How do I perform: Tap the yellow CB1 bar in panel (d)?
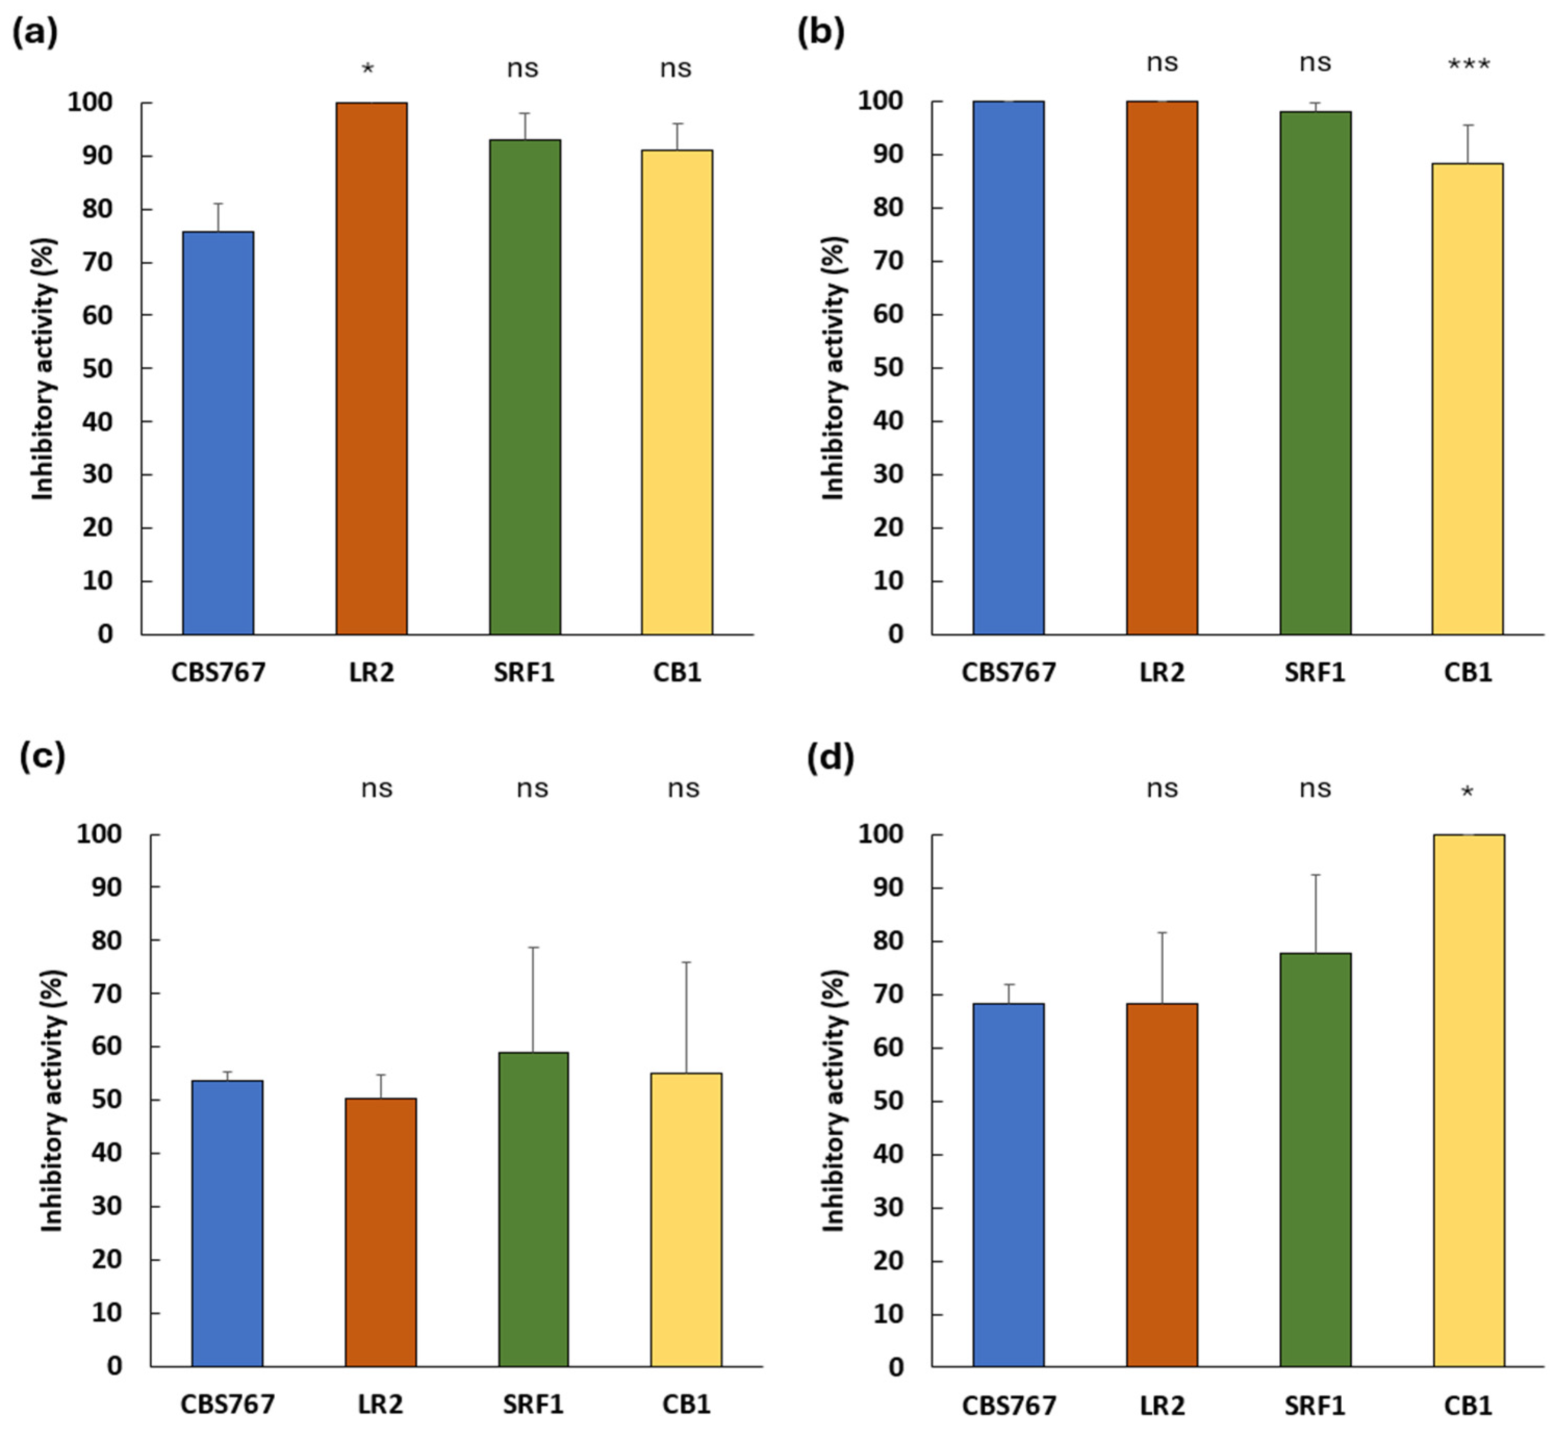[x=1469, y=1101]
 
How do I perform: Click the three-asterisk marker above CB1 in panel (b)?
[x=1469, y=65]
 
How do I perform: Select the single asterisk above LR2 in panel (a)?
[x=368, y=70]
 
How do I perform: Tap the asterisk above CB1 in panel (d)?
[x=1467, y=792]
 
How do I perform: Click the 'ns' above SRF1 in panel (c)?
[x=533, y=789]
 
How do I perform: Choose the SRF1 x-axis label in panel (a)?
[x=524, y=672]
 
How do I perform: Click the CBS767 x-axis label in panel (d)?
[x=1009, y=1405]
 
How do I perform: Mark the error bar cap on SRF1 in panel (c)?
[x=533, y=948]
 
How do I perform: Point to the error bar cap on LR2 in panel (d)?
[x=1162, y=933]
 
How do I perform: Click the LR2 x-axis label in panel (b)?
[x=1162, y=672]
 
